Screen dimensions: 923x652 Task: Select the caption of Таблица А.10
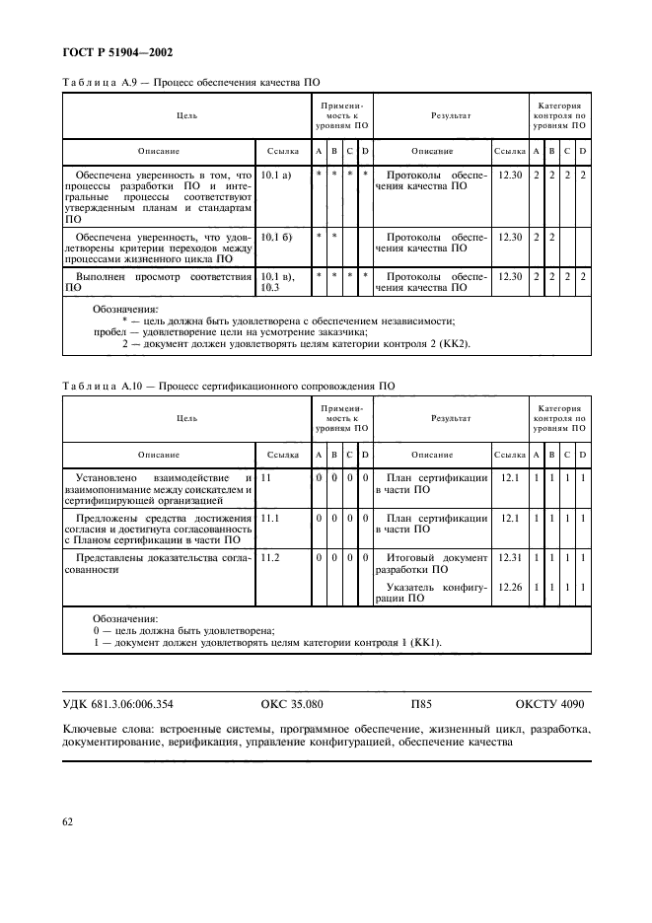(x=229, y=387)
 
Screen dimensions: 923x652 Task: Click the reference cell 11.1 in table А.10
(x=270, y=518)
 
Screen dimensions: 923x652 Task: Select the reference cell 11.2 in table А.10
(x=270, y=558)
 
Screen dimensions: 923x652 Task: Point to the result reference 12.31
(x=510, y=558)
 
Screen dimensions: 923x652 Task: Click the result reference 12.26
(x=510, y=586)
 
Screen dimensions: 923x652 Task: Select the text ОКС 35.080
(x=292, y=705)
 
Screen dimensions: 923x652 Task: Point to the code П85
(x=421, y=705)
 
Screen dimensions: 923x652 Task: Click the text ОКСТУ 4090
(x=550, y=705)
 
